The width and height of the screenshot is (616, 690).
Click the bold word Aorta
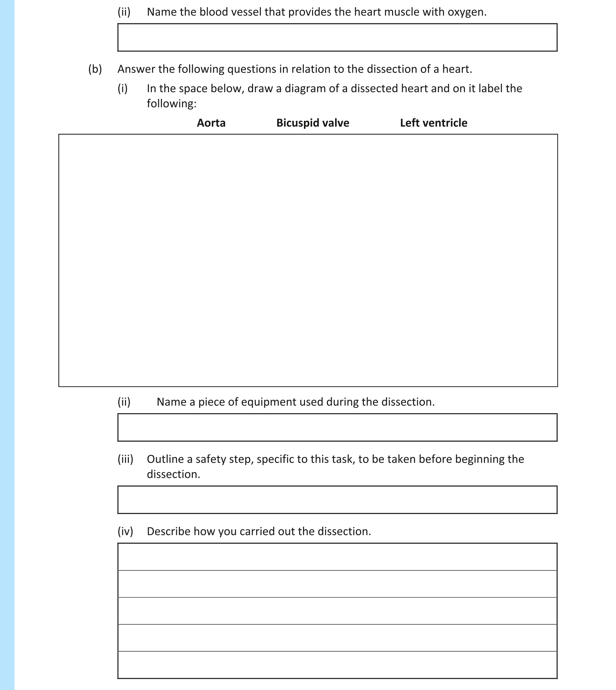click(211, 123)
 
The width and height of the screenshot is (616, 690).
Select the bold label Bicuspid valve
click(313, 123)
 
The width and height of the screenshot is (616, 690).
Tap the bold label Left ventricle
click(433, 123)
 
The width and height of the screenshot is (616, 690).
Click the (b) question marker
click(95, 69)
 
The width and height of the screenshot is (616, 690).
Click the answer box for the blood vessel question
click(337, 38)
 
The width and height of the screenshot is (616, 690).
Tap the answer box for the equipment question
click(337, 427)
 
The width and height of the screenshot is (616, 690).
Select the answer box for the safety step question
click(337, 500)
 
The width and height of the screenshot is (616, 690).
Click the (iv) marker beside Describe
click(125, 531)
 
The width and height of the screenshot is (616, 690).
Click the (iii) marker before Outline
click(125, 459)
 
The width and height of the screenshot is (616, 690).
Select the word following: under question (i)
click(171, 103)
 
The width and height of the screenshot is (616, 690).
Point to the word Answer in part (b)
click(136, 69)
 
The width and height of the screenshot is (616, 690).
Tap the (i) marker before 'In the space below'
click(122, 89)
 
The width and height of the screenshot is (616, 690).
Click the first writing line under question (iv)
click(337, 557)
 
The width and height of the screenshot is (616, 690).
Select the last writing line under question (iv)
click(337, 665)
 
